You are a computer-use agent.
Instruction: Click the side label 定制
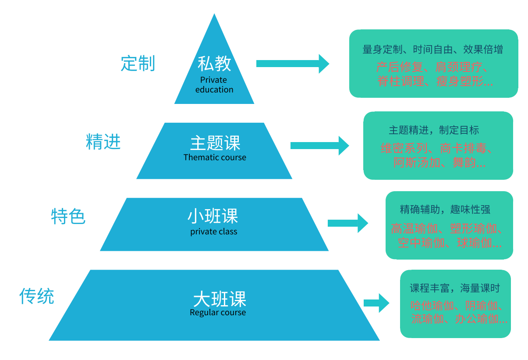[138, 64]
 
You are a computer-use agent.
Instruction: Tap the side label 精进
[103, 142]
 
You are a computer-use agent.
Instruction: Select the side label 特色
[68, 217]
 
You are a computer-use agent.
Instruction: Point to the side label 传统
[37, 296]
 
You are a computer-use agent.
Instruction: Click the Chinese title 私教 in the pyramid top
[214, 64]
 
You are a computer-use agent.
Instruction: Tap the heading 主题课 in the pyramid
[215, 143]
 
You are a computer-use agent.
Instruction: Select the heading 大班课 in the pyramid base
[220, 299]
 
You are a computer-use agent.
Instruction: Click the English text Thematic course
[215, 157]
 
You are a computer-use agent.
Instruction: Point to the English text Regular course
[218, 313]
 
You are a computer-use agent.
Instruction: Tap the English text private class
[214, 232]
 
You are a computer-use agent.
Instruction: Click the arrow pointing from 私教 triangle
[292, 64]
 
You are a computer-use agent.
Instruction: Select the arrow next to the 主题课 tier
[319, 145]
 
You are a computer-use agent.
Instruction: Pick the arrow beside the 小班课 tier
[347, 223]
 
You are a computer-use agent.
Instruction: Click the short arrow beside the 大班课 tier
[376, 303]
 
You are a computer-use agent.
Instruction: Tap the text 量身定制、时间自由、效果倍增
[433, 50]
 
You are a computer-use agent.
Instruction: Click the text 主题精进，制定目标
[434, 130]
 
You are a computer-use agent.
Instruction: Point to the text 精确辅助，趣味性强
[445, 209]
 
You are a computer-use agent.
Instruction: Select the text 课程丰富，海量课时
[454, 288]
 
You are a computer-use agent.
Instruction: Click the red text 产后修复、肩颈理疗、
[433, 68]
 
